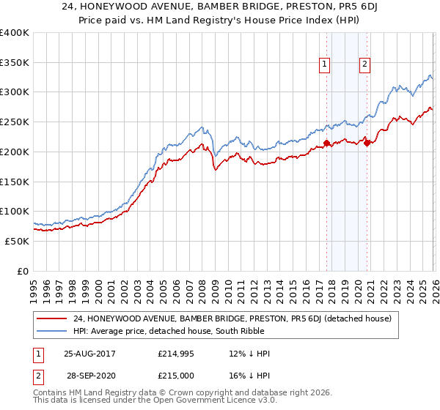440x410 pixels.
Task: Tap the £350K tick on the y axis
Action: (15, 62)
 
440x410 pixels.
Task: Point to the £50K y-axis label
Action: (17, 241)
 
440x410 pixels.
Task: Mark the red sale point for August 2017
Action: (326, 143)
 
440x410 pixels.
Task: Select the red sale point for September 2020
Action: (367, 143)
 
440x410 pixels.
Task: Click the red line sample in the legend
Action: (53, 318)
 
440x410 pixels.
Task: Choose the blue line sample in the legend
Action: (53, 331)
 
